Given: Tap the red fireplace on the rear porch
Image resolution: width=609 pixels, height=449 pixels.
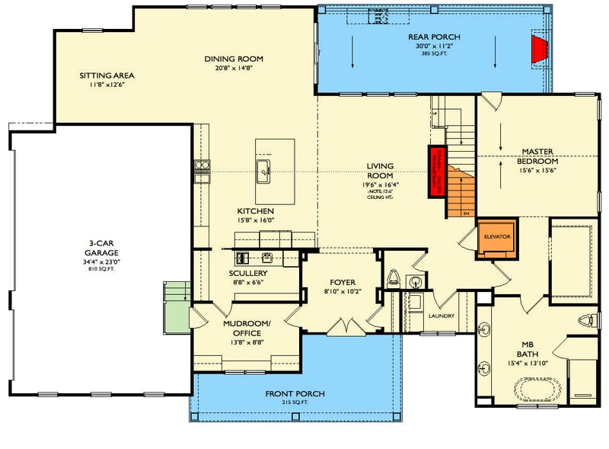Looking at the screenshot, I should click(x=540, y=49).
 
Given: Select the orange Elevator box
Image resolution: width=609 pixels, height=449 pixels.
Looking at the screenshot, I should click(x=496, y=236).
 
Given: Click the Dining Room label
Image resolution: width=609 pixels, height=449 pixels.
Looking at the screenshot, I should click(x=233, y=59).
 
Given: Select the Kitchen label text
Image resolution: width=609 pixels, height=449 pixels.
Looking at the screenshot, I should click(x=255, y=211).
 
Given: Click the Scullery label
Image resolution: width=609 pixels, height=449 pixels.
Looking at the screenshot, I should click(x=247, y=273).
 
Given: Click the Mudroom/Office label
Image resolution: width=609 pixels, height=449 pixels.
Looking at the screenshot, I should click(x=243, y=329).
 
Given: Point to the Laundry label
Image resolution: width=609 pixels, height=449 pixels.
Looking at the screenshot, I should click(x=441, y=316).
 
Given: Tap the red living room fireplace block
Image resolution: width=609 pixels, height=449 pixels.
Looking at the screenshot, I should click(x=437, y=171).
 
